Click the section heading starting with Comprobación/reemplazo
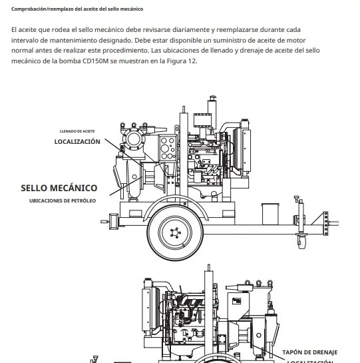(77, 9)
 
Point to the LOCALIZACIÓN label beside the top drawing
(77, 142)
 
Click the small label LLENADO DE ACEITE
(80, 131)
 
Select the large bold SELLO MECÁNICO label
(55, 188)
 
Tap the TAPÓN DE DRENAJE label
(310, 352)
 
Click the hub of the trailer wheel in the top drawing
(174, 232)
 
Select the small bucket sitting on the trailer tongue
(270, 214)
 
